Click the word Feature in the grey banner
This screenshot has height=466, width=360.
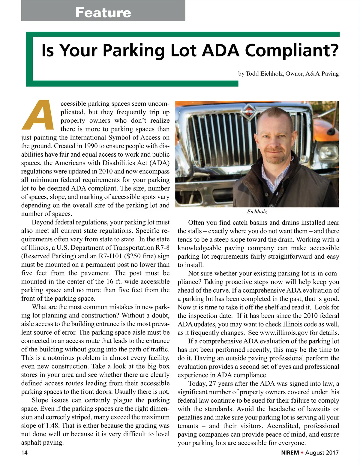click(103, 12)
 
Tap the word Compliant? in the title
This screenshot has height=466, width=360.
click(292, 50)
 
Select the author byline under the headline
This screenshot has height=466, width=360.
click(288, 74)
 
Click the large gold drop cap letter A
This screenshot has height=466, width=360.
click(38, 115)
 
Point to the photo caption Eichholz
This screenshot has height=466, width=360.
click(257, 212)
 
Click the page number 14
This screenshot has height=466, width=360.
click(24, 452)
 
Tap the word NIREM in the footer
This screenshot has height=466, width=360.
click(290, 452)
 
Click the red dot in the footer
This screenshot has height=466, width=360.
click(302, 452)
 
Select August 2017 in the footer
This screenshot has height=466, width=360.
click(322, 452)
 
